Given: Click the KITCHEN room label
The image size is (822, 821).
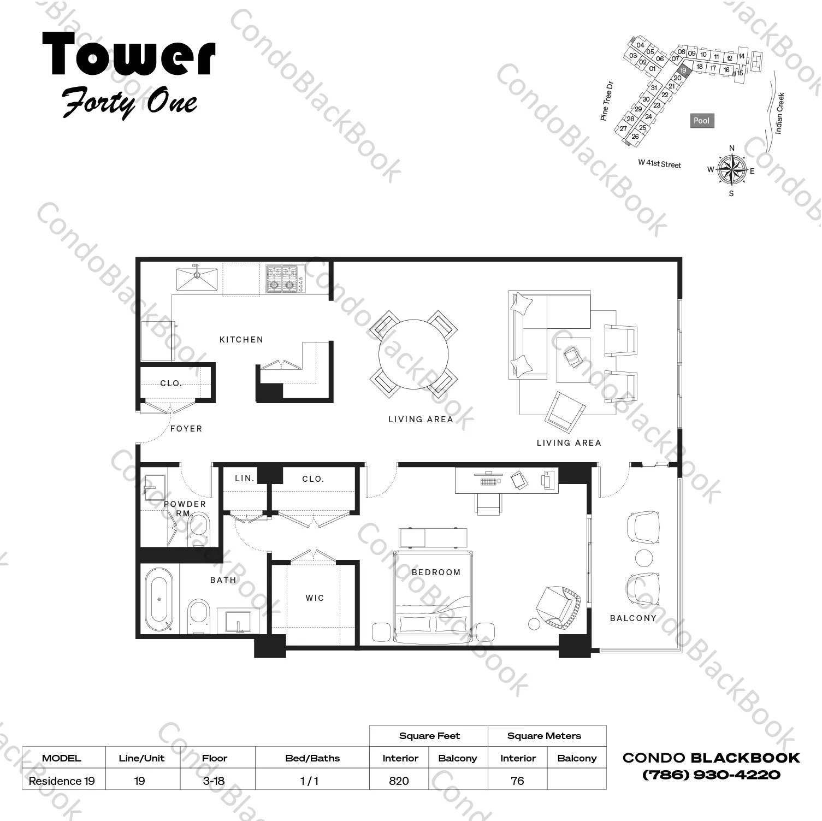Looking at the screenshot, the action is pyautogui.click(x=241, y=340).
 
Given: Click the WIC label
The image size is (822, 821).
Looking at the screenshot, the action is pyautogui.click(x=315, y=598).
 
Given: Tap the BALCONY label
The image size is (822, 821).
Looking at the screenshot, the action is pyautogui.click(x=633, y=618).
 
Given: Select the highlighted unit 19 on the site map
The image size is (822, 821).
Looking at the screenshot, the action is pyautogui.click(x=683, y=70).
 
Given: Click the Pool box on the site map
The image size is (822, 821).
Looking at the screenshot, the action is pyautogui.click(x=702, y=121).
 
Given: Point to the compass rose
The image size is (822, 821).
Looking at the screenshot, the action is pyautogui.click(x=732, y=169).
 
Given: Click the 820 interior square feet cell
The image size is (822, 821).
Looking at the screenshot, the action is pyautogui.click(x=399, y=781).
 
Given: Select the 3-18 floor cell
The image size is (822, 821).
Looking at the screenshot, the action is pyautogui.click(x=214, y=781).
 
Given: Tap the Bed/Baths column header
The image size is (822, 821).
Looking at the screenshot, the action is pyautogui.click(x=312, y=758).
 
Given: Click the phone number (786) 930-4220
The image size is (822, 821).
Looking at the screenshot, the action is pyautogui.click(x=711, y=775).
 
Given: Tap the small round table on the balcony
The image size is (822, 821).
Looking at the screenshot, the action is pyautogui.click(x=644, y=558).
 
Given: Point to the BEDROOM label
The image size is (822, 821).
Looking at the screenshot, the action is pyautogui.click(x=436, y=572).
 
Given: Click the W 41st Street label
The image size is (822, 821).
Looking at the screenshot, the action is pyautogui.click(x=660, y=164).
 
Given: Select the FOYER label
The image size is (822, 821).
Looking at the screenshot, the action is pyautogui.click(x=186, y=429).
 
